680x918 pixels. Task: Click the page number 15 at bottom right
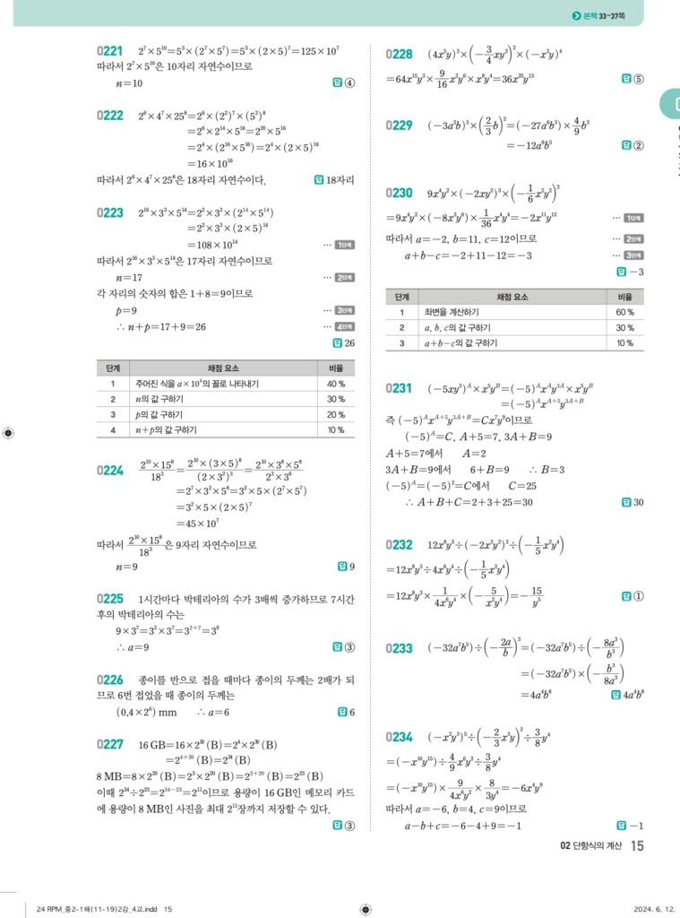click(x=637, y=845)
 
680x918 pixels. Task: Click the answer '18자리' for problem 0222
click(x=340, y=180)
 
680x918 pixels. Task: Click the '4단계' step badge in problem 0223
click(x=344, y=326)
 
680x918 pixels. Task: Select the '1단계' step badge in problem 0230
click(x=633, y=218)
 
